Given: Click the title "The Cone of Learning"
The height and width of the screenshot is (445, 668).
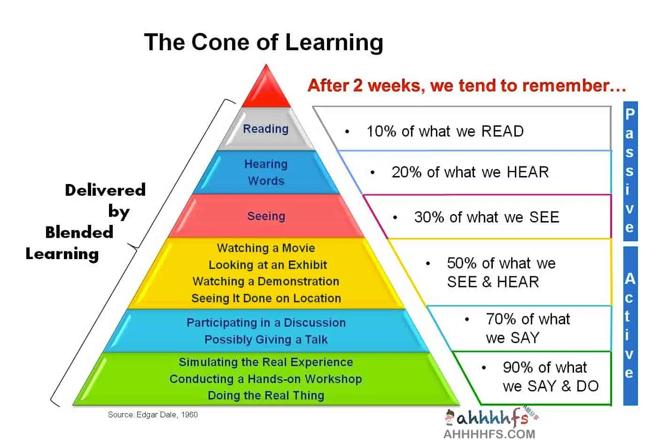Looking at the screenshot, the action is (264, 42).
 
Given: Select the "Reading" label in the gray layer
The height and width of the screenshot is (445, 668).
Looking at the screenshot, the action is (266, 129).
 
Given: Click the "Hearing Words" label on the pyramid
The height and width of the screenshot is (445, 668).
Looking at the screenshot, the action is (266, 172).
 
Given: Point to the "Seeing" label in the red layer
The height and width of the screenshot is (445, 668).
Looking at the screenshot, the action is (266, 216).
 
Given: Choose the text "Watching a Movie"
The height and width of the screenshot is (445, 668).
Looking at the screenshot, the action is (266, 248).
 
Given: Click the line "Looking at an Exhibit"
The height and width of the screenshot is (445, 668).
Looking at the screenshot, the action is (267, 265).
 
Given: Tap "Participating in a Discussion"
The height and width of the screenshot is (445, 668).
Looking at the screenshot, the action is (266, 322).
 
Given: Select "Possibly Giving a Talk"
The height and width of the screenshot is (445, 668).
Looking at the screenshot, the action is (266, 339).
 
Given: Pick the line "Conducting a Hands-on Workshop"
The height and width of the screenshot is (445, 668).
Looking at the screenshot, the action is (266, 379).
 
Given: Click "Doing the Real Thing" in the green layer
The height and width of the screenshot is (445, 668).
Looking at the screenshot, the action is (266, 396).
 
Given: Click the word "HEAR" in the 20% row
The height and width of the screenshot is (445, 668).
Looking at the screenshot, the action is (528, 172).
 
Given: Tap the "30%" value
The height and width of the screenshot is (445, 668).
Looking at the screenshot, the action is (429, 217).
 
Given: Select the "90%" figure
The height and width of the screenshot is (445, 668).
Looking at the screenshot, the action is (518, 367).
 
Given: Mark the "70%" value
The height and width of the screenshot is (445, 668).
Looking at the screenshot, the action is (501, 319).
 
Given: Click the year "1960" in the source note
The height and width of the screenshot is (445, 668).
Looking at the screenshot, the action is (189, 414).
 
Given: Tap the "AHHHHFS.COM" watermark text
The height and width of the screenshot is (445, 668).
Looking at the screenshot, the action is (489, 434).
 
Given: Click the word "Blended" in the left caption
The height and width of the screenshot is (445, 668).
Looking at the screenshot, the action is (79, 232).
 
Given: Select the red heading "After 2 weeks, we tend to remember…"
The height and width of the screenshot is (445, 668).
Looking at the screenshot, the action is (466, 85).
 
